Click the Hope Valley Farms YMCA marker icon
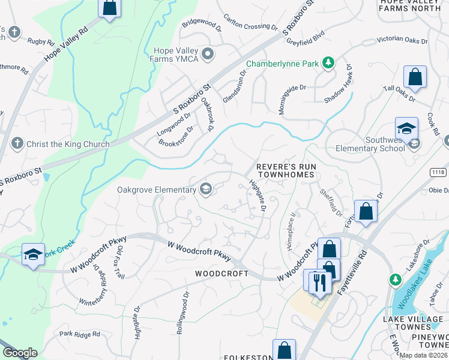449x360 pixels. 208,55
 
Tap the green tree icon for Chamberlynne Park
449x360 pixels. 328,62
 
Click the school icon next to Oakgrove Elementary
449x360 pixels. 206,190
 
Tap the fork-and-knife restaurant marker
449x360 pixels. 319,283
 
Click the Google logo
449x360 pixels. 20,353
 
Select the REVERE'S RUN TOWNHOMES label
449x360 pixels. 285,170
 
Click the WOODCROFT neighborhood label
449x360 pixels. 222,273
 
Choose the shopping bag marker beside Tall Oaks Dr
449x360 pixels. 415,77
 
